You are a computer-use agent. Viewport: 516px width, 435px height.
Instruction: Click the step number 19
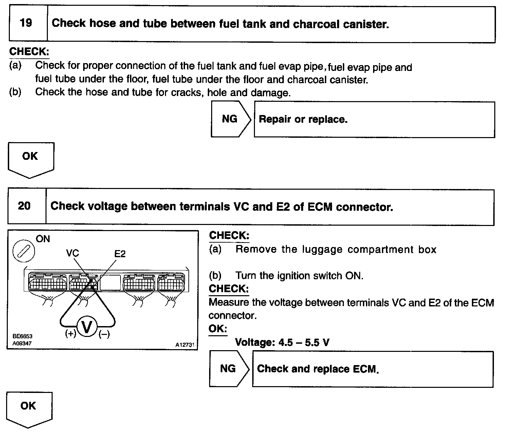26,23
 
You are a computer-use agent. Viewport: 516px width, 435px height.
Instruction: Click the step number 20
24,206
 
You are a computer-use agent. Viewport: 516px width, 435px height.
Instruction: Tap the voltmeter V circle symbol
87,327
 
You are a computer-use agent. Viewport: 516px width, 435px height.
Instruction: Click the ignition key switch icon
24,252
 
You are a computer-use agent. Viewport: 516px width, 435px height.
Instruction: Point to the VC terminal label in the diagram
72,253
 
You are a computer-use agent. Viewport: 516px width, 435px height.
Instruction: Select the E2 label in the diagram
120,254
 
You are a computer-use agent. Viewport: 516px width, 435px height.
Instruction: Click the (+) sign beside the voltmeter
71,334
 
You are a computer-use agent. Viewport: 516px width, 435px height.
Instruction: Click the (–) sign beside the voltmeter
104,335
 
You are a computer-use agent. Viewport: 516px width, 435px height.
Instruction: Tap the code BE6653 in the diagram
22,336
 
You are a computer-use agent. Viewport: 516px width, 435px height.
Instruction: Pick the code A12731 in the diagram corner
185,345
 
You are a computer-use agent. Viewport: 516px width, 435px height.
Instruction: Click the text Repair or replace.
303,119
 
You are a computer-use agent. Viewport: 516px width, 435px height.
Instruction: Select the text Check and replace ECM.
318,369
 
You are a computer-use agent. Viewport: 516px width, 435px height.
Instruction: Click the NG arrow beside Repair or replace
231,119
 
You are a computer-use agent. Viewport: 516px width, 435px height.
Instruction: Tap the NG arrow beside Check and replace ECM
229,369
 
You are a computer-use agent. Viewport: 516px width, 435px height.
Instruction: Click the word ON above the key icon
43,239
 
